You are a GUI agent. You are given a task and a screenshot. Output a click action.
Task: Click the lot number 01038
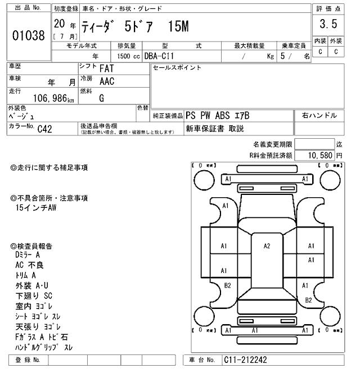(28, 35)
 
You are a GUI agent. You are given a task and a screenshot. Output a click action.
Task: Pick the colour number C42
(45, 129)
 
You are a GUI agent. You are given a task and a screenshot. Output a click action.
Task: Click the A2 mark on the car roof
(267, 246)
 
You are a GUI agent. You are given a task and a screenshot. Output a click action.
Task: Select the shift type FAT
(107, 69)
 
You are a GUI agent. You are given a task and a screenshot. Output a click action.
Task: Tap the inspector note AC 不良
(30, 265)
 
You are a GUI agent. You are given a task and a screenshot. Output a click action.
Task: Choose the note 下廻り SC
(34, 295)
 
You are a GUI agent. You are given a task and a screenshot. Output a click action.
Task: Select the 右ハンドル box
(319, 116)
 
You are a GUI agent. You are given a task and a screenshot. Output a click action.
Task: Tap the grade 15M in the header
(178, 26)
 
